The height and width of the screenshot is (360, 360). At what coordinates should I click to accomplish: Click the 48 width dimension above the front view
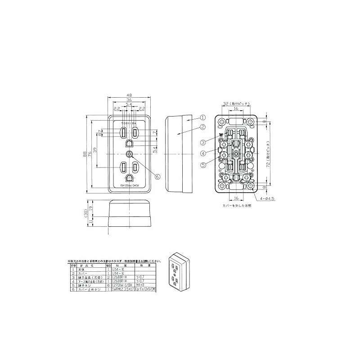click(x=129, y=95)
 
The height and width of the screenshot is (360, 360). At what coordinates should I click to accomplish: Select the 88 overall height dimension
click(x=85, y=154)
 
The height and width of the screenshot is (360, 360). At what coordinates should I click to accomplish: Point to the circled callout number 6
click(x=157, y=177)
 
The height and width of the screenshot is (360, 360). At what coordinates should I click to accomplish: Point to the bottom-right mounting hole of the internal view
click(x=248, y=186)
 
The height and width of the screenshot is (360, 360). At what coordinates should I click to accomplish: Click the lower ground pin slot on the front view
click(x=129, y=178)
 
